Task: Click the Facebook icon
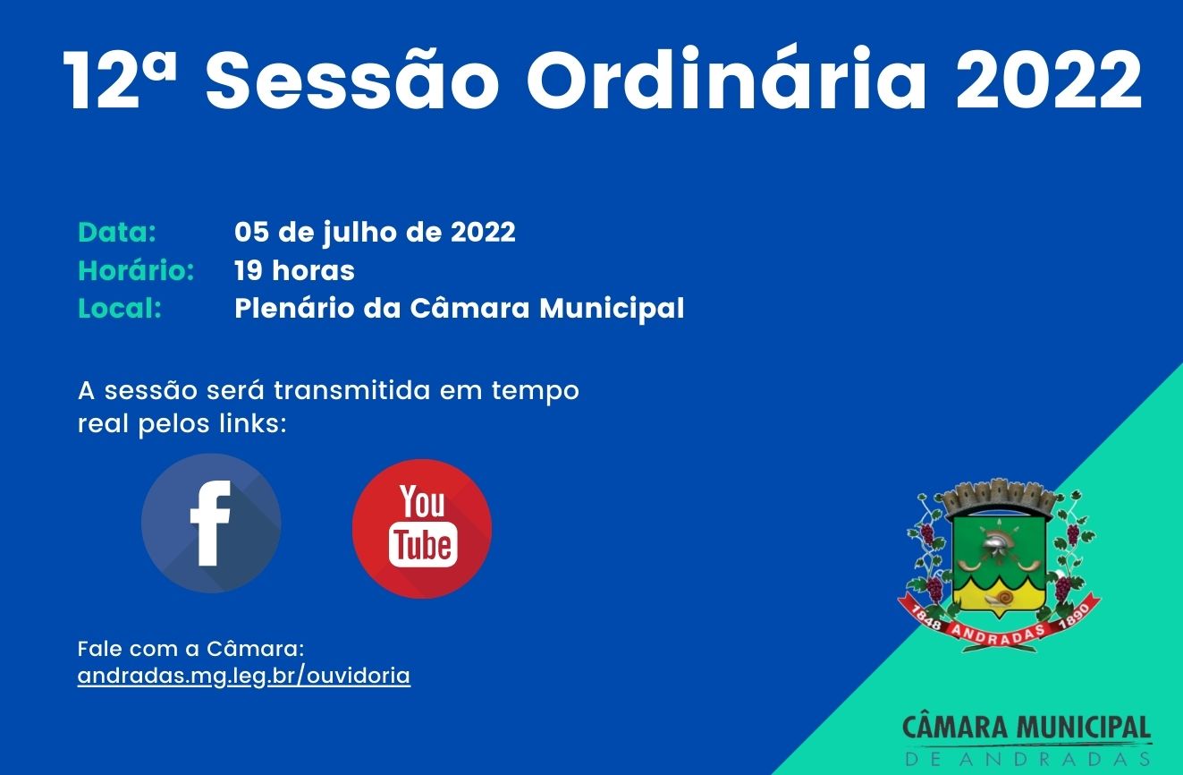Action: [x=211, y=524]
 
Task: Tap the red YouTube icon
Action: [x=422, y=528]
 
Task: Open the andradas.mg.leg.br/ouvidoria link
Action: [x=244, y=676]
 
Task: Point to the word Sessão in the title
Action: [x=351, y=81]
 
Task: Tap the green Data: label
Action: [x=117, y=233]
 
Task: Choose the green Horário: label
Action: [x=136, y=270]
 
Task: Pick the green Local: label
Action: [x=120, y=309]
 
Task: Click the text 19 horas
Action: [x=294, y=270]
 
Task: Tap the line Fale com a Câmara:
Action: [x=191, y=647]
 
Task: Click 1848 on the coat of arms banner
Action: [x=927, y=617]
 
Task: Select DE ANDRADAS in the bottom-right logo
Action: [x=1027, y=759]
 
